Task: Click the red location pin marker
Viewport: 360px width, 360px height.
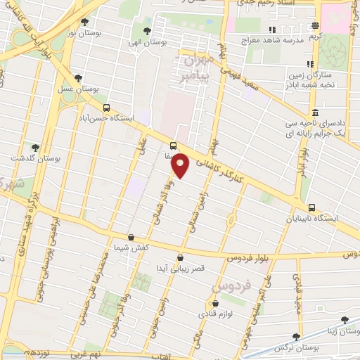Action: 181,165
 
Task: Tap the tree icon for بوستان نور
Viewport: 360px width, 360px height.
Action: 85,22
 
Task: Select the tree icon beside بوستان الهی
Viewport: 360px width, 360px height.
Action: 147,31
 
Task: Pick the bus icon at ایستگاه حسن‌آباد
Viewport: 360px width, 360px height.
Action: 106,108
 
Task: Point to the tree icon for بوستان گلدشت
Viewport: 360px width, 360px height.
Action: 35,148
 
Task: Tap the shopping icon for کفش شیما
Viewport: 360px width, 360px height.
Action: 131,238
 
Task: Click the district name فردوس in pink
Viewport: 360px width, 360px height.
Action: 229,288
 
